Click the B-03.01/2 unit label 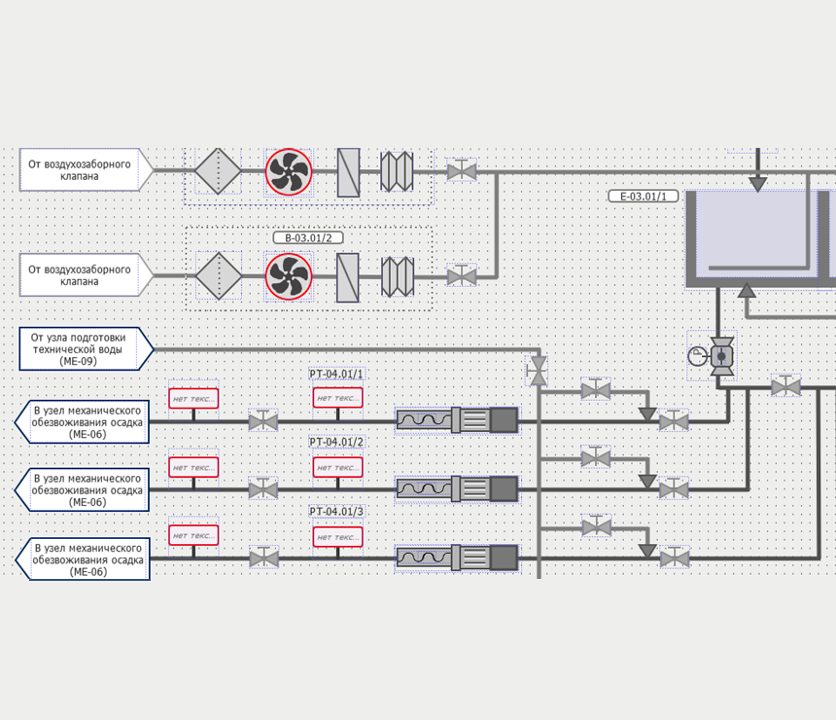coord(308,237)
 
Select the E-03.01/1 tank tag coord(643,197)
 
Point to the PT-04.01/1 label coord(336,374)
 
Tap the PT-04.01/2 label coord(336,442)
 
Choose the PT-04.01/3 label coord(336,511)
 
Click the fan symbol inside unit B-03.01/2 coord(289,276)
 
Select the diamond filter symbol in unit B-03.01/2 coord(219,276)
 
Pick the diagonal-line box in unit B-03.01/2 coord(348,276)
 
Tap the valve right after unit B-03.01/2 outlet coord(462,276)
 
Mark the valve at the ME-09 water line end coord(537,369)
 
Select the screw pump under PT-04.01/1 coord(457,420)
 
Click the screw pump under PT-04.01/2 coord(457,488)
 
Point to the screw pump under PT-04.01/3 coord(457,558)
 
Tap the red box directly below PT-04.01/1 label coord(337,398)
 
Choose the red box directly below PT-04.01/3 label coord(337,537)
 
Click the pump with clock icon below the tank coord(720,356)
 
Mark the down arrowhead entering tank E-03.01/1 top coord(757,184)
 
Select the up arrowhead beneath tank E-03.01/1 coord(747,289)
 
